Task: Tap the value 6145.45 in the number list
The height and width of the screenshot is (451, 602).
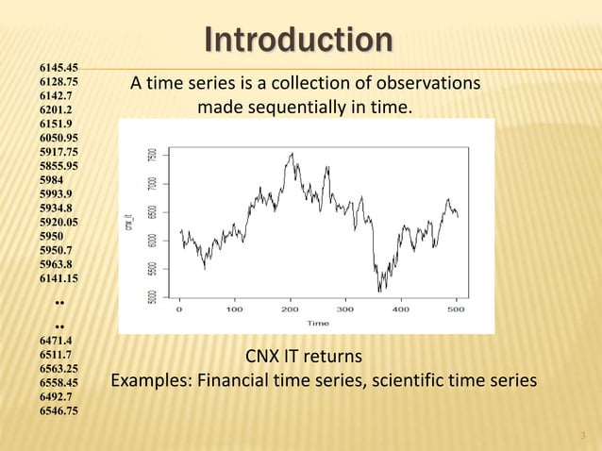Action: (x=59, y=68)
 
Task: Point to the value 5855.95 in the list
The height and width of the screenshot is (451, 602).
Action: (x=59, y=165)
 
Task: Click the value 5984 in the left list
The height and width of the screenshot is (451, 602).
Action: (x=52, y=179)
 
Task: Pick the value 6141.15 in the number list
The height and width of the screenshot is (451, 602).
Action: (x=59, y=278)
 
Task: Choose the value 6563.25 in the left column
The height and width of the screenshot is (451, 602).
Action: (x=59, y=369)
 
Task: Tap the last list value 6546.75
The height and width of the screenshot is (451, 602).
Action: (x=59, y=411)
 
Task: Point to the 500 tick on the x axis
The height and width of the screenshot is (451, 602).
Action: (x=457, y=308)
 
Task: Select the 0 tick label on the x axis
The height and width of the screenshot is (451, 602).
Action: (x=179, y=308)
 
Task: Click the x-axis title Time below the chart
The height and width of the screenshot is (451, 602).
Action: (x=318, y=323)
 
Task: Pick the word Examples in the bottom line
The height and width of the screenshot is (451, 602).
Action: (x=147, y=381)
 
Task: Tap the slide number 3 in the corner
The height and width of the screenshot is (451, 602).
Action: (x=584, y=435)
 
